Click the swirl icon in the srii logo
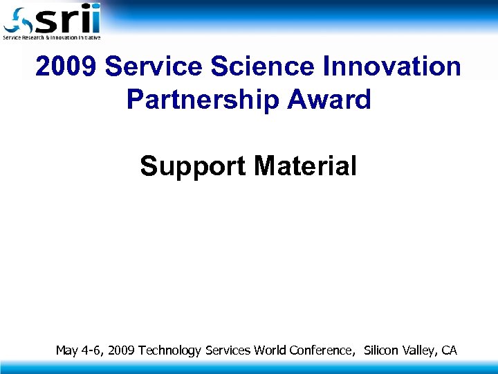[x=17, y=20]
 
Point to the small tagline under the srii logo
[x=52, y=37]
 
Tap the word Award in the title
[x=331, y=100]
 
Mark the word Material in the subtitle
[x=305, y=166]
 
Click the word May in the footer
[x=67, y=350]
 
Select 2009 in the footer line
[x=122, y=350]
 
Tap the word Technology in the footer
[x=170, y=350]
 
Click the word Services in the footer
[x=228, y=350]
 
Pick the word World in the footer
[x=269, y=350]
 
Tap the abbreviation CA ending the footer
[x=449, y=350]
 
